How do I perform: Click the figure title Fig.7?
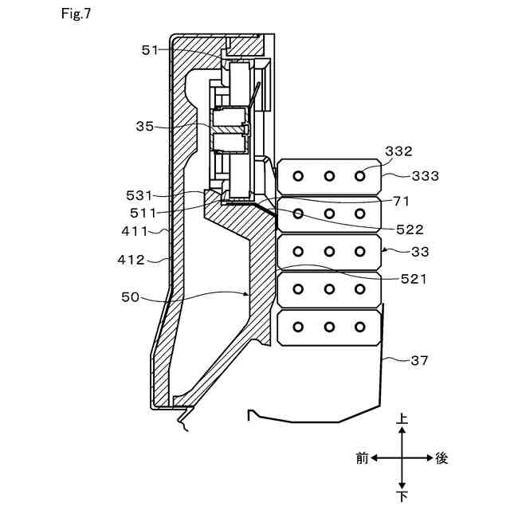click(x=75, y=14)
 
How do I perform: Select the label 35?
click(x=145, y=125)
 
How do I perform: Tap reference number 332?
click(x=398, y=151)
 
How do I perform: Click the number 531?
click(x=140, y=194)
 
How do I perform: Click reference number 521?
click(x=414, y=279)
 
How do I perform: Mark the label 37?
click(x=420, y=360)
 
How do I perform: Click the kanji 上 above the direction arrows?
click(x=402, y=418)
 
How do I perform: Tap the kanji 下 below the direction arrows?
click(x=402, y=496)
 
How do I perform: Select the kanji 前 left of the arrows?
click(x=363, y=458)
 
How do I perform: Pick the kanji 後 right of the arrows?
click(x=443, y=458)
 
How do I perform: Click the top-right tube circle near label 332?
click(x=359, y=176)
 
